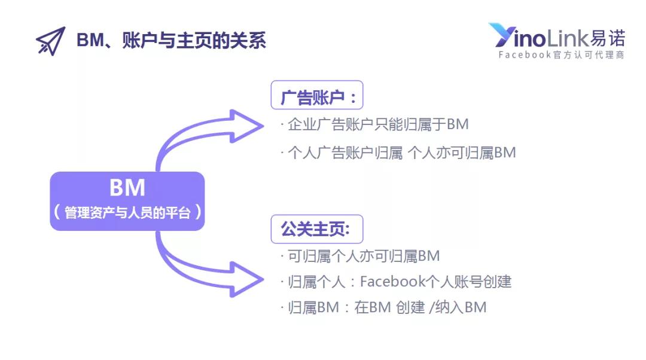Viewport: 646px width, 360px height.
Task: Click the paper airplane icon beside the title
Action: (x=51, y=41)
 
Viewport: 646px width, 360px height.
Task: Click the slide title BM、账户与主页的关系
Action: (x=172, y=41)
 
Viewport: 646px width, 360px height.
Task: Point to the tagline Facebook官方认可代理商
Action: (x=561, y=55)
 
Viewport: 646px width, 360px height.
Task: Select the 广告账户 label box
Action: (x=317, y=95)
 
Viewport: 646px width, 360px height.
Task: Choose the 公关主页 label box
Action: (x=317, y=229)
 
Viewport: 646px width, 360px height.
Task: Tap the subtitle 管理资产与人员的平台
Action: (x=127, y=212)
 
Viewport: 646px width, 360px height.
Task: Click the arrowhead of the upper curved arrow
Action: (x=246, y=126)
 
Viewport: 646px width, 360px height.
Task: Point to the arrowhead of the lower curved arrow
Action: (x=246, y=279)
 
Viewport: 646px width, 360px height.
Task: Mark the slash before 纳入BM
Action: (x=432, y=307)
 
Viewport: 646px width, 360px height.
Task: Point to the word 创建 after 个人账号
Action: (x=497, y=282)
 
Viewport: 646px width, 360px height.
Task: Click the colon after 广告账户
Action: (x=353, y=98)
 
